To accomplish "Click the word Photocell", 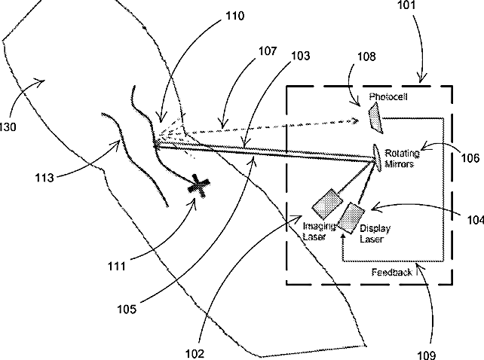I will click(387, 98).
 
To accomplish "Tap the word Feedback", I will click(392, 272).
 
